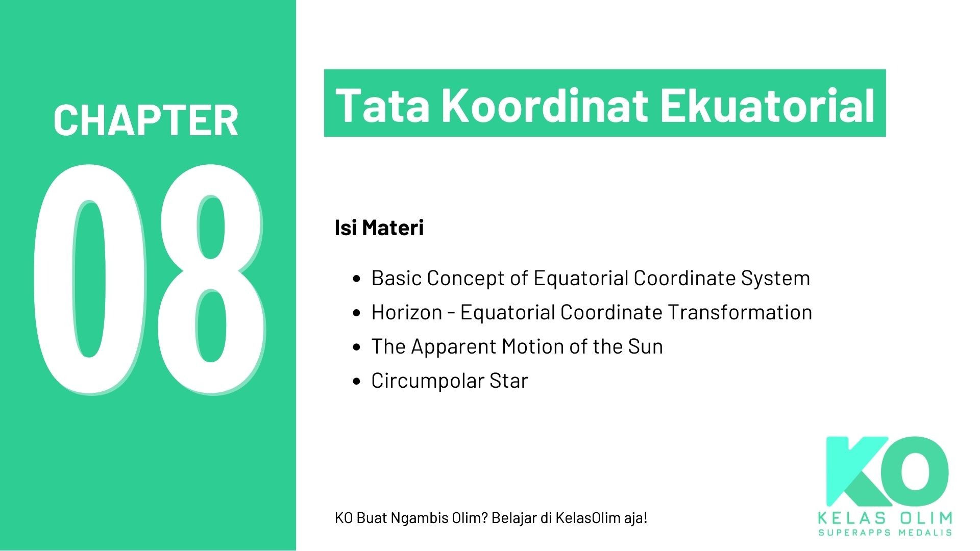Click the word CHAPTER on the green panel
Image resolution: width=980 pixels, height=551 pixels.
[146, 120]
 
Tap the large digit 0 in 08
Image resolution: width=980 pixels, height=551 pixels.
[90, 278]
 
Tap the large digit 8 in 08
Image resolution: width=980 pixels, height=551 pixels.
[211, 278]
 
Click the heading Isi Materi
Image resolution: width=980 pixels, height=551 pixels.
[379, 228]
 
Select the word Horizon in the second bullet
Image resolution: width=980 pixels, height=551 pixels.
[406, 312]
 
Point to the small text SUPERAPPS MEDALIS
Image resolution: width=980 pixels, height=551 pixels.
[885, 533]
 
